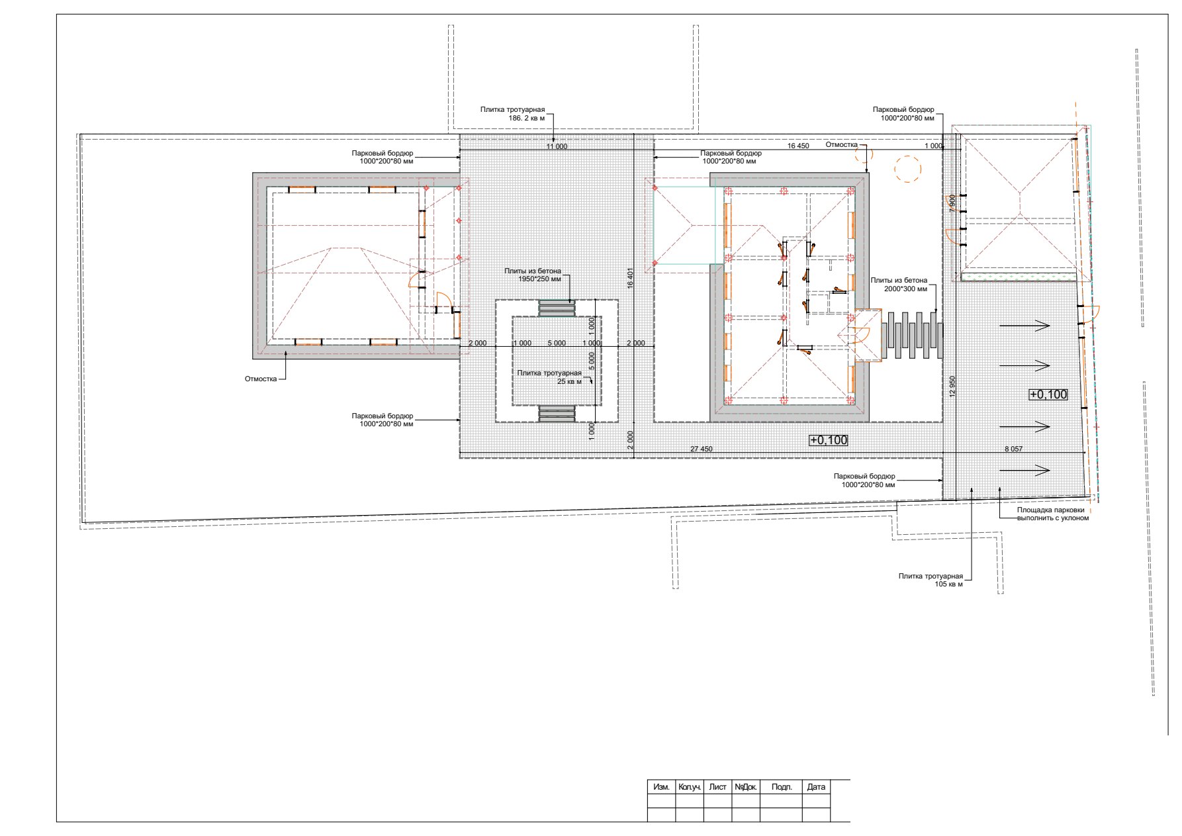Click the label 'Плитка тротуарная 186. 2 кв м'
tap(512, 113)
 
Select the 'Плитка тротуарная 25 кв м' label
tap(549, 377)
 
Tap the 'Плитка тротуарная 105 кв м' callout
tap(931, 581)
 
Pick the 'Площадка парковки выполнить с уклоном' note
tap(1053, 514)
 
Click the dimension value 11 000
tap(557, 146)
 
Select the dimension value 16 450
tap(798, 146)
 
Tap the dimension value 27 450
tap(702, 449)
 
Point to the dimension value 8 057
tap(1013, 449)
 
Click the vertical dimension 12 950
tap(952, 386)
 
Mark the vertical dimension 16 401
tap(631, 278)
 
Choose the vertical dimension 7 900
tap(952, 203)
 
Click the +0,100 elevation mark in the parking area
tap(1048, 395)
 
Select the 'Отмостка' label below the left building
tap(261, 379)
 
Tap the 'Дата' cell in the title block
tap(816, 787)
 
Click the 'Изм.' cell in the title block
tap(661, 787)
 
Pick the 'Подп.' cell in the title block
tap(782, 787)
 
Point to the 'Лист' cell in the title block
tap(717, 787)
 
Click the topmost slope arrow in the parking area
tap(1024, 325)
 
